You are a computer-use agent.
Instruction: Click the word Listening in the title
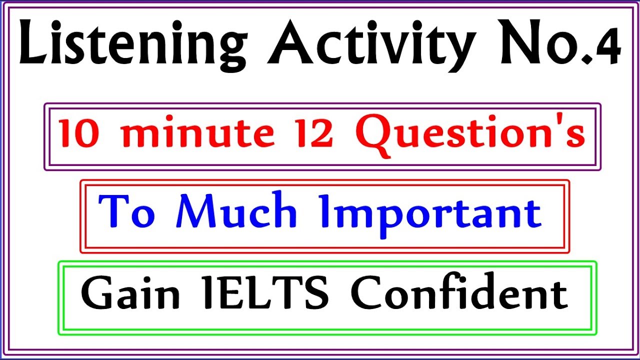(x=133, y=45)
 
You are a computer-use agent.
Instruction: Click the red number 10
(x=79, y=133)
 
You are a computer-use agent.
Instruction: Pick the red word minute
(x=197, y=131)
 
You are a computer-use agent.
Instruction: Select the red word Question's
(x=470, y=135)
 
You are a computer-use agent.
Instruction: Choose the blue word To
(x=126, y=211)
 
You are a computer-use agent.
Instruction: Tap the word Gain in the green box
(x=130, y=292)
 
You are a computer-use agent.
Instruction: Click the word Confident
(x=459, y=291)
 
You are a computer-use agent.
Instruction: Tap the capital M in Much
(x=196, y=211)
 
